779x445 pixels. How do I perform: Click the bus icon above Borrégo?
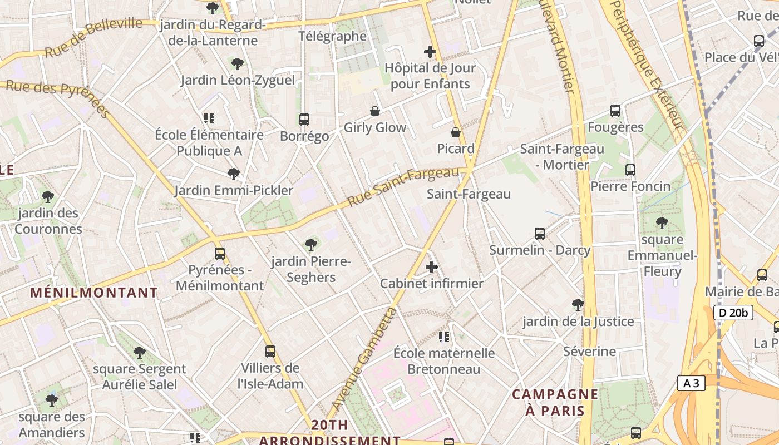[x=304, y=120]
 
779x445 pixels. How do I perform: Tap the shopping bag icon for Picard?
[x=456, y=132]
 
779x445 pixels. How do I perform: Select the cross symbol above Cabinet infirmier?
[x=432, y=267]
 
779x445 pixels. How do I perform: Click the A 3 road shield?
[x=691, y=383]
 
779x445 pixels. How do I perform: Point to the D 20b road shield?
[x=733, y=313]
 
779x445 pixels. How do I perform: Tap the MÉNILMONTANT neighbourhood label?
[x=94, y=293]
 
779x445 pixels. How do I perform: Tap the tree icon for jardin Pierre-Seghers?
[x=311, y=244]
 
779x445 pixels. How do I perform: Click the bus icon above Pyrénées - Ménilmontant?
[x=220, y=254]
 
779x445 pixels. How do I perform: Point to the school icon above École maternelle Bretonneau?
[x=443, y=337]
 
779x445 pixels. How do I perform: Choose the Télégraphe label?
[x=333, y=37]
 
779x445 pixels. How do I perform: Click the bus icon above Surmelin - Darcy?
[x=539, y=234]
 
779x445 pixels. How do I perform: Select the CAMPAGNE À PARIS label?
[x=555, y=403]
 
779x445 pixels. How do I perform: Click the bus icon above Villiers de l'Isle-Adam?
[x=270, y=352]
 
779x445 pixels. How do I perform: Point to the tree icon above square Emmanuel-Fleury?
[x=662, y=223]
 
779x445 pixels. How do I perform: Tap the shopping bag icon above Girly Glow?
[x=375, y=111]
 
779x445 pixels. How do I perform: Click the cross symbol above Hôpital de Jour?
[x=430, y=52]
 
